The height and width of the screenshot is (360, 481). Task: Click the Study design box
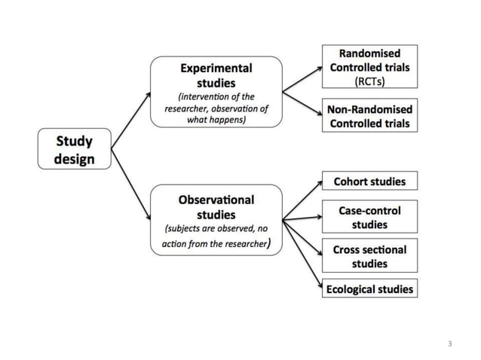(x=75, y=148)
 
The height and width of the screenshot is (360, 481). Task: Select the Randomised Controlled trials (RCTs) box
(x=369, y=67)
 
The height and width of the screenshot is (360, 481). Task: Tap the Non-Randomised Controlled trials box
(x=369, y=116)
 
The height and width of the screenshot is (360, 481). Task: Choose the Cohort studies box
(x=369, y=181)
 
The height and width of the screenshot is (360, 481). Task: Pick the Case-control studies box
(x=369, y=217)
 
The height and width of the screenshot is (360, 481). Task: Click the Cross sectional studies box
(x=369, y=256)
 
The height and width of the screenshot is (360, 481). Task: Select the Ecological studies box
(x=369, y=288)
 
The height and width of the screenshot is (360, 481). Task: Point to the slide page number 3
(x=449, y=344)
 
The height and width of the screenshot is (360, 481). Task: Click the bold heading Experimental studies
(x=216, y=75)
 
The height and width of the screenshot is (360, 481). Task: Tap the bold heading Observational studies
(x=216, y=207)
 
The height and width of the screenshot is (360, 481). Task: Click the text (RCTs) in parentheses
(x=369, y=81)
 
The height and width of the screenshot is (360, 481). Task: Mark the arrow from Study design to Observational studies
(x=130, y=180)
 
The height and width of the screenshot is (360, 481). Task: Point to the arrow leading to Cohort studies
(x=302, y=200)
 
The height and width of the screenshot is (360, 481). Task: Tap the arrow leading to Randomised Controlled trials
(x=301, y=79)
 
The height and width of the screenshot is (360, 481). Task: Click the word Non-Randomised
(x=369, y=109)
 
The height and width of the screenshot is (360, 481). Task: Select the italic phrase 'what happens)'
(x=216, y=120)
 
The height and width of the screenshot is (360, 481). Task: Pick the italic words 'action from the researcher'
(x=214, y=244)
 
